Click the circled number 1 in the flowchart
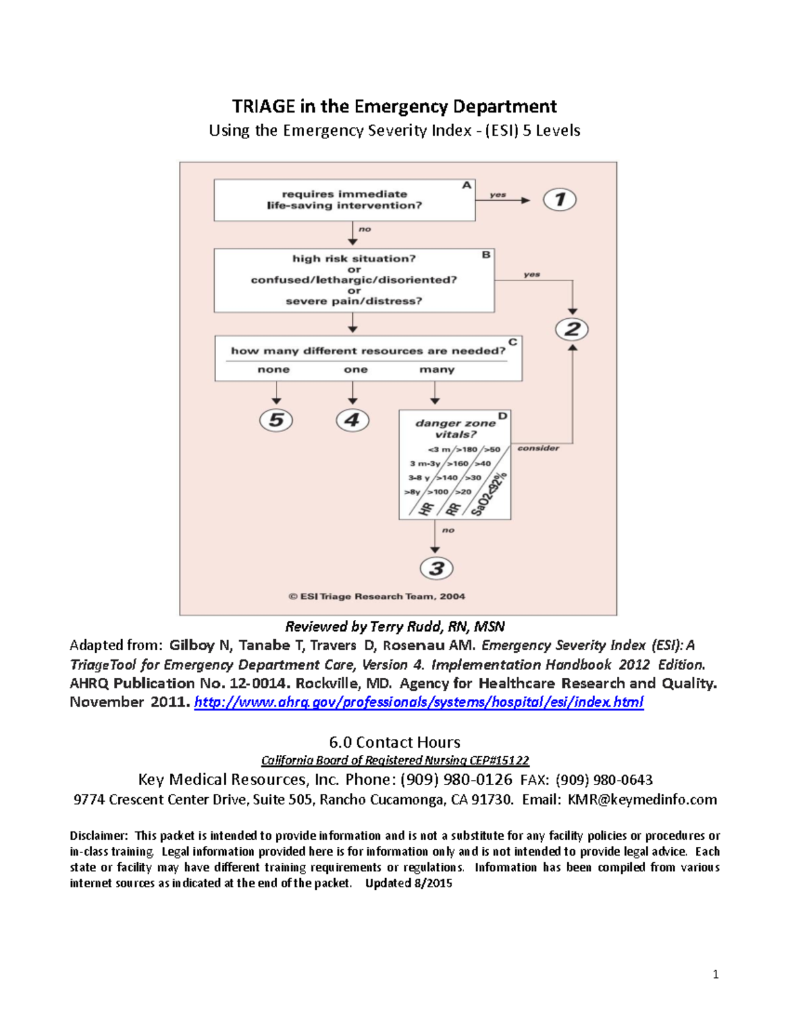pos(560,200)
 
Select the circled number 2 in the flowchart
pos(571,329)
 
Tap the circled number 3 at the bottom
pos(436,568)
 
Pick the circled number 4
pos(352,420)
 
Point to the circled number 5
pos(276,420)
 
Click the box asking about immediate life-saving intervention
pos(344,200)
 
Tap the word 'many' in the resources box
pos(436,370)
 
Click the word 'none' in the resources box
pos(273,370)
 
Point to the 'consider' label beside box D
pos(538,449)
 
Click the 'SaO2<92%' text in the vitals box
pos(488,495)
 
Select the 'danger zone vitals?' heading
pos(455,429)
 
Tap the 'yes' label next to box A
pos(498,195)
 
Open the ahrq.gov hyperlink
pos(419,702)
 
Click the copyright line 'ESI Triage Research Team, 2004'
pos(377,597)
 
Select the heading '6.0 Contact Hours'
pos(394,742)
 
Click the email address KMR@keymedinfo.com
pos(642,800)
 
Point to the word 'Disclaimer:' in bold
pos(99,836)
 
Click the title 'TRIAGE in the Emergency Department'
pos(394,107)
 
